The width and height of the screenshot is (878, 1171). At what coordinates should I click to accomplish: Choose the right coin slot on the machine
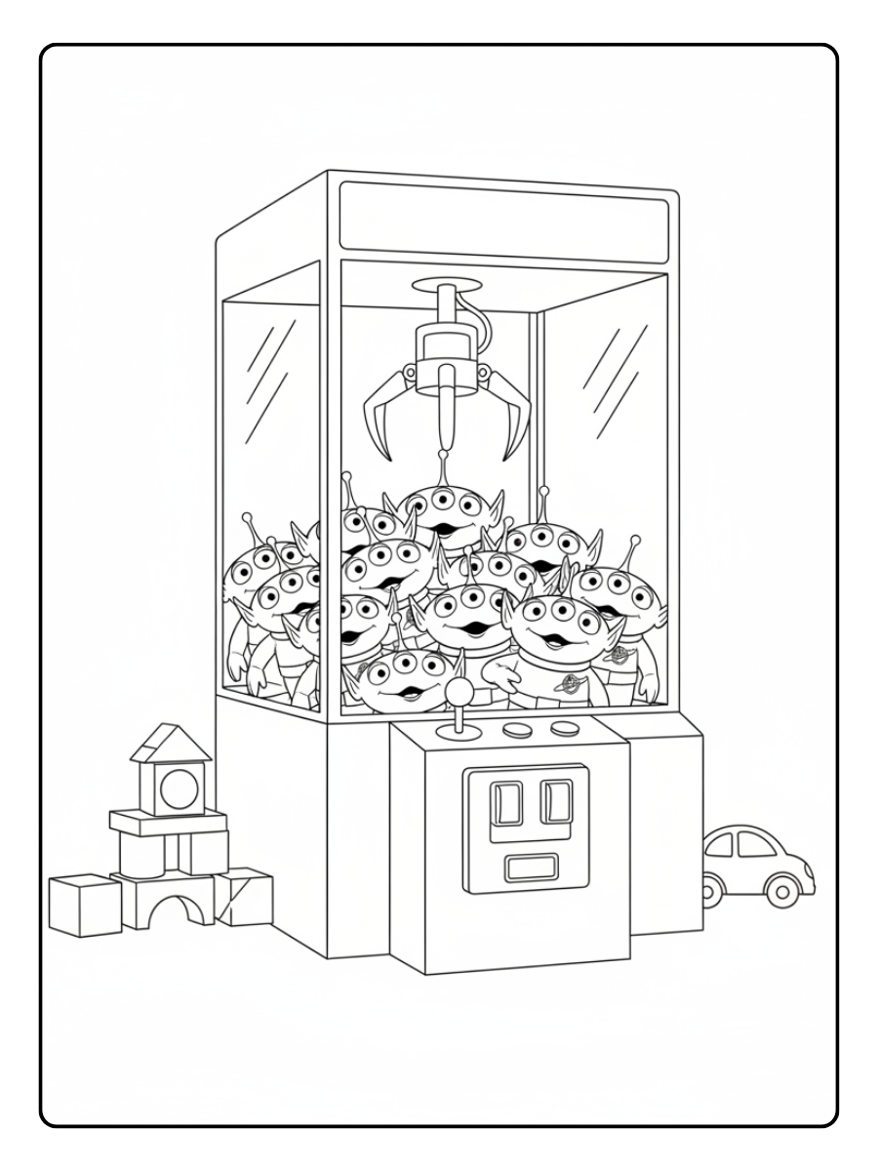(556, 800)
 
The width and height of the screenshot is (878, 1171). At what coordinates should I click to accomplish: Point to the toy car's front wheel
(779, 889)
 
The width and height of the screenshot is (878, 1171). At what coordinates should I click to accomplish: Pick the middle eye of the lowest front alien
(402, 666)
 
